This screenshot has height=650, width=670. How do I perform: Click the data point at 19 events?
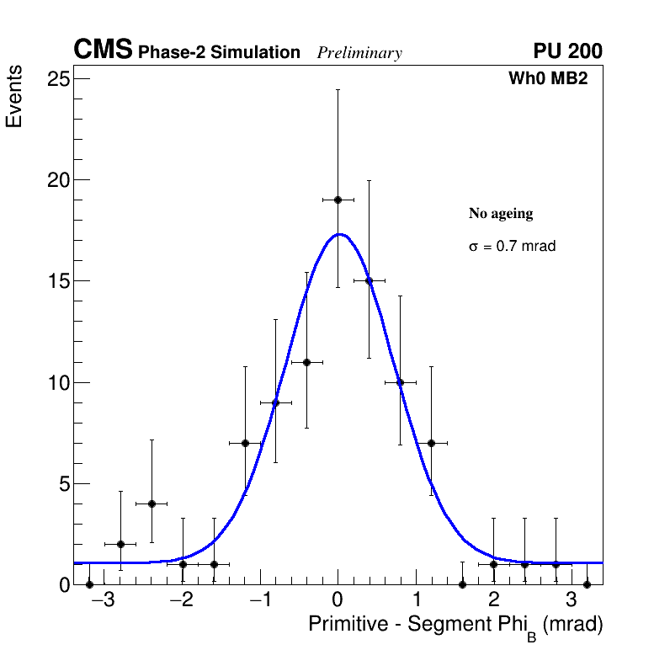(x=338, y=200)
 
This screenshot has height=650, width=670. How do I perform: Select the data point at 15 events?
(x=369, y=280)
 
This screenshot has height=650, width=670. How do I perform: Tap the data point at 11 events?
(x=306, y=362)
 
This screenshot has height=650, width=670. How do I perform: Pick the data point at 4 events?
(x=152, y=503)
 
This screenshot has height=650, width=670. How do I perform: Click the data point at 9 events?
(x=275, y=402)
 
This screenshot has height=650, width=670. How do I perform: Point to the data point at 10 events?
(x=400, y=382)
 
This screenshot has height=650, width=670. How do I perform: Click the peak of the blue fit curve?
(x=338, y=234)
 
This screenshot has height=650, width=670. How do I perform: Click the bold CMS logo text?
(x=103, y=51)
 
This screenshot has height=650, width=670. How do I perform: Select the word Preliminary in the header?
(x=359, y=53)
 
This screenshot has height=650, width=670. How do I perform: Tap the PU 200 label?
(x=567, y=51)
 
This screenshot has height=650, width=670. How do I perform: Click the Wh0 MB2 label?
(x=548, y=78)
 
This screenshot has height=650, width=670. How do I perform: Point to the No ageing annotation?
(x=501, y=214)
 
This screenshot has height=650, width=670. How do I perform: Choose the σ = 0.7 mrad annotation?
(x=512, y=247)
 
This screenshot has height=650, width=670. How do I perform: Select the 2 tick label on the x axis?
(x=494, y=600)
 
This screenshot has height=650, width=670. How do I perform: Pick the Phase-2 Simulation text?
(x=219, y=53)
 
